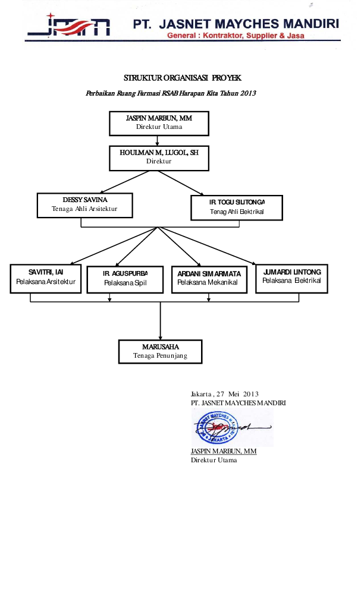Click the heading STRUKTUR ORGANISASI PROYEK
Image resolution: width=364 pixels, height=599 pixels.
pos(183,78)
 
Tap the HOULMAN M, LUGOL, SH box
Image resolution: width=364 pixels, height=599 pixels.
pos(159,157)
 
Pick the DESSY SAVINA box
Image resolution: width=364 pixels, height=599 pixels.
pos(84,204)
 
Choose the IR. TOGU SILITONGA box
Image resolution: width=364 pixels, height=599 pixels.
pos(236,207)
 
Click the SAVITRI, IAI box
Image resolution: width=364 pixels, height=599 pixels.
pos(46,277)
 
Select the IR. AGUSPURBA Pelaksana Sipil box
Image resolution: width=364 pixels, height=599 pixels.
pos(125,279)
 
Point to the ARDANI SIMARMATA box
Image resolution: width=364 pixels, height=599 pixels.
pos(208,278)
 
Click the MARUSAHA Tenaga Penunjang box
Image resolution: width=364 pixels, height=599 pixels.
pos(160,351)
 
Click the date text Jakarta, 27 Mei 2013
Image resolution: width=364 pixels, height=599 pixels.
pos(225,394)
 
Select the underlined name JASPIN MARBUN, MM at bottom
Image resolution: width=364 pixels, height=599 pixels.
pos(223,452)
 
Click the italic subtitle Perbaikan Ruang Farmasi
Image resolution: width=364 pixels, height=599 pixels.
pos(171,93)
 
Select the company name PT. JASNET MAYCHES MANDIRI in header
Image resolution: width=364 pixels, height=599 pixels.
pos(236,24)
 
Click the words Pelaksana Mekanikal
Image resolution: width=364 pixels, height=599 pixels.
pos(207,283)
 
